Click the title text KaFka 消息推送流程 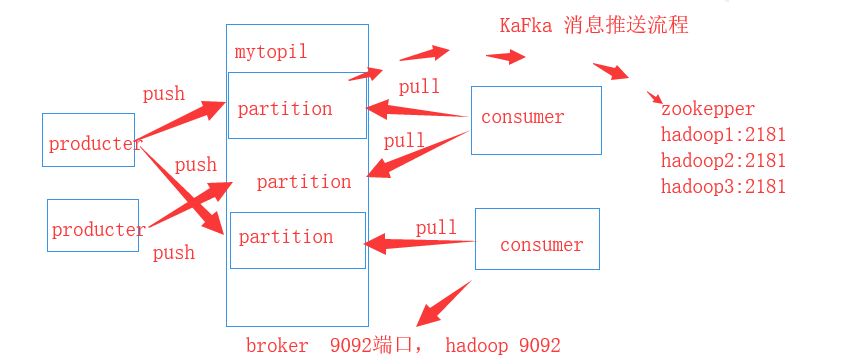594,26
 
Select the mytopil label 270,51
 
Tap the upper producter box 88,140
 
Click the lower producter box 92,226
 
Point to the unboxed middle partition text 303,182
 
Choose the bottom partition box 297,240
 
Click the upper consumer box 536,120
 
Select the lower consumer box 537,239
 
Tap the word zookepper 707,109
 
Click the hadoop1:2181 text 723,134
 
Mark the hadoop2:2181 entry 723,160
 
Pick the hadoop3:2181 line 723,186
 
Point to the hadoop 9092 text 503,345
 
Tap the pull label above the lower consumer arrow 436,228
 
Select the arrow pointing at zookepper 611,72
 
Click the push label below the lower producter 174,253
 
